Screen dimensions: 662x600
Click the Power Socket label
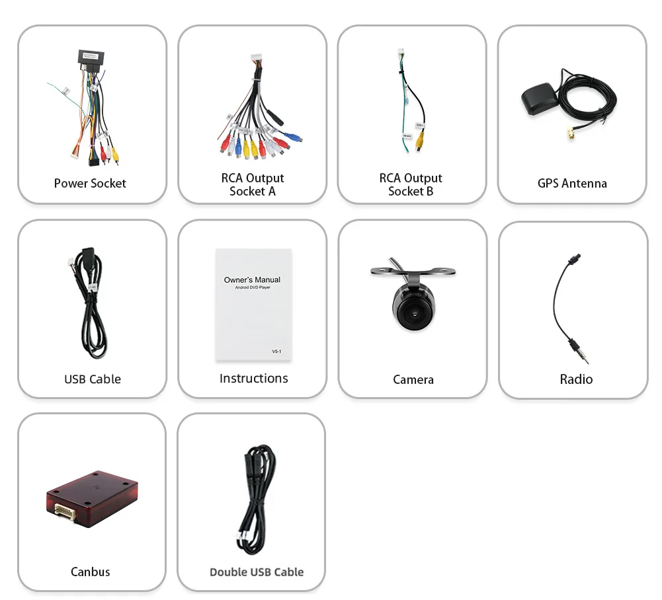click(90, 183)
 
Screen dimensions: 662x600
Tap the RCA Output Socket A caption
click(252, 184)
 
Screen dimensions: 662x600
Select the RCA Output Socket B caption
click(411, 184)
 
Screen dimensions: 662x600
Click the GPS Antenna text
click(572, 183)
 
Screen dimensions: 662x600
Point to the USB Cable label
click(92, 379)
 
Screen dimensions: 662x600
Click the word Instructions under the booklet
click(253, 378)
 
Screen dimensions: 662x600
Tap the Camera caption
click(413, 379)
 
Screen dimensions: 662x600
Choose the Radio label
click(575, 379)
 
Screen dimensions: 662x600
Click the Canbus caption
click(90, 571)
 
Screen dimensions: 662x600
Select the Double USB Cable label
click(256, 572)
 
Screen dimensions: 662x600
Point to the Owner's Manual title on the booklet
click(252, 280)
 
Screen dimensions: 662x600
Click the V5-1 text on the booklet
click(276, 352)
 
